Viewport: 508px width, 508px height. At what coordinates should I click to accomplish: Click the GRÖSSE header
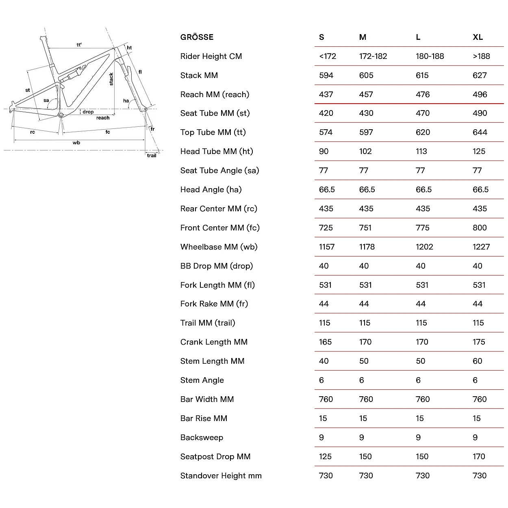(x=197, y=37)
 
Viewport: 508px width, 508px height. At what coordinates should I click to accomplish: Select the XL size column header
(x=478, y=37)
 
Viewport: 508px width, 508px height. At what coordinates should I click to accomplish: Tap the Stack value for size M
(x=366, y=76)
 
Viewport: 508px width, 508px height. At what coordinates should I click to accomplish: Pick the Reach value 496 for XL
(x=480, y=95)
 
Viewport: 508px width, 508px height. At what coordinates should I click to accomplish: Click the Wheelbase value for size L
(x=424, y=247)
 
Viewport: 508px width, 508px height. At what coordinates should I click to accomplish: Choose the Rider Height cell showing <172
(x=328, y=56)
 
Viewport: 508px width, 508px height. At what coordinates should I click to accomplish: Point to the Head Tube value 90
(x=324, y=152)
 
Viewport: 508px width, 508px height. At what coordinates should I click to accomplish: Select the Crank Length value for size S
(x=326, y=342)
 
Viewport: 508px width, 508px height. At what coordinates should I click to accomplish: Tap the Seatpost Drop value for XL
(x=479, y=457)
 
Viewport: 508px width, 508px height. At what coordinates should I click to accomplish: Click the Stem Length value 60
(x=478, y=361)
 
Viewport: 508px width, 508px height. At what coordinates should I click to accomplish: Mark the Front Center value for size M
(x=365, y=228)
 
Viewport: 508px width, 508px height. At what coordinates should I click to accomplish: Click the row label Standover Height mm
(x=221, y=476)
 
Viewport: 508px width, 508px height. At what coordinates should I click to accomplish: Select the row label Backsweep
(x=202, y=438)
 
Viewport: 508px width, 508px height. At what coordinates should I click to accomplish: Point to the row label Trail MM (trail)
(x=208, y=323)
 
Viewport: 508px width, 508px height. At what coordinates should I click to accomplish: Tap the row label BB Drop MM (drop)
(x=217, y=266)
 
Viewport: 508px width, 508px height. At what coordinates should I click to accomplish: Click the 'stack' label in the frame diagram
(x=111, y=79)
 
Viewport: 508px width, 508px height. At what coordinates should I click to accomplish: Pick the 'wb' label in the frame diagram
(x=76, y=143)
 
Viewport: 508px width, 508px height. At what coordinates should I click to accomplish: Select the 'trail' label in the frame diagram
(x=152, y=156)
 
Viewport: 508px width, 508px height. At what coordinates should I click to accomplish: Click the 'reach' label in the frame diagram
(x=103, y=118)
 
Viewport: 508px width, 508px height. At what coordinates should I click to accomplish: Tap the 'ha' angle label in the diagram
(x=126, y=101)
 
